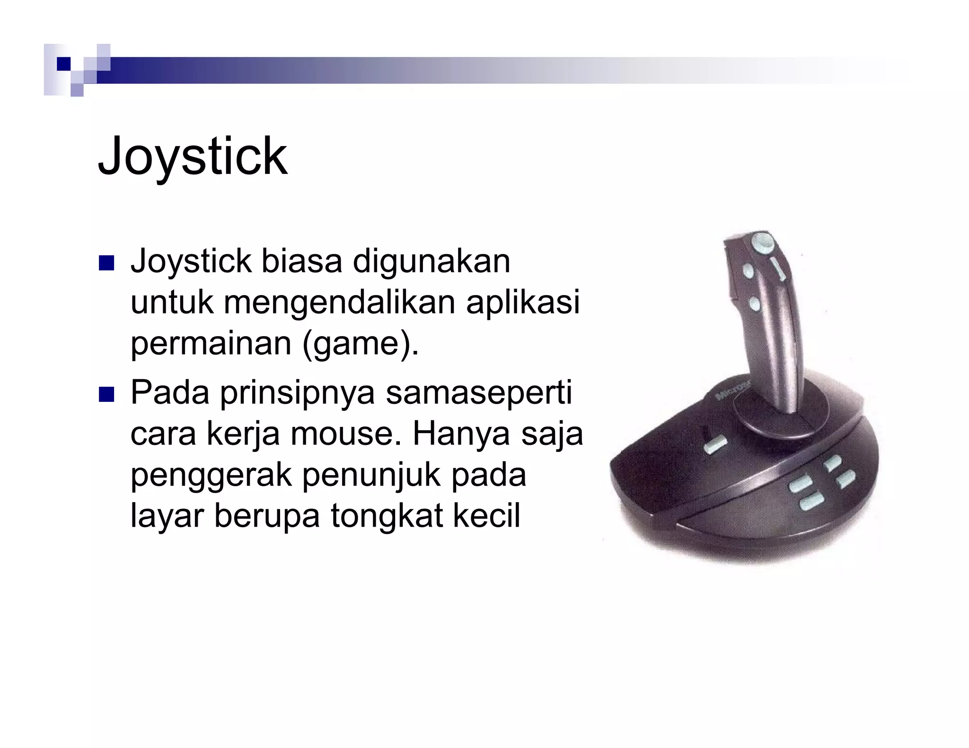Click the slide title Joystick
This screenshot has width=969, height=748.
click(192, 157)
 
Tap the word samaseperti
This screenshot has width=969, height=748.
click(478, 393)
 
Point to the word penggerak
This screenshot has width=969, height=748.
click(211, 475)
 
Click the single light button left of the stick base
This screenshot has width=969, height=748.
click(716, 445)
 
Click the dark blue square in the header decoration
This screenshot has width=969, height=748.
click(63, 64)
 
